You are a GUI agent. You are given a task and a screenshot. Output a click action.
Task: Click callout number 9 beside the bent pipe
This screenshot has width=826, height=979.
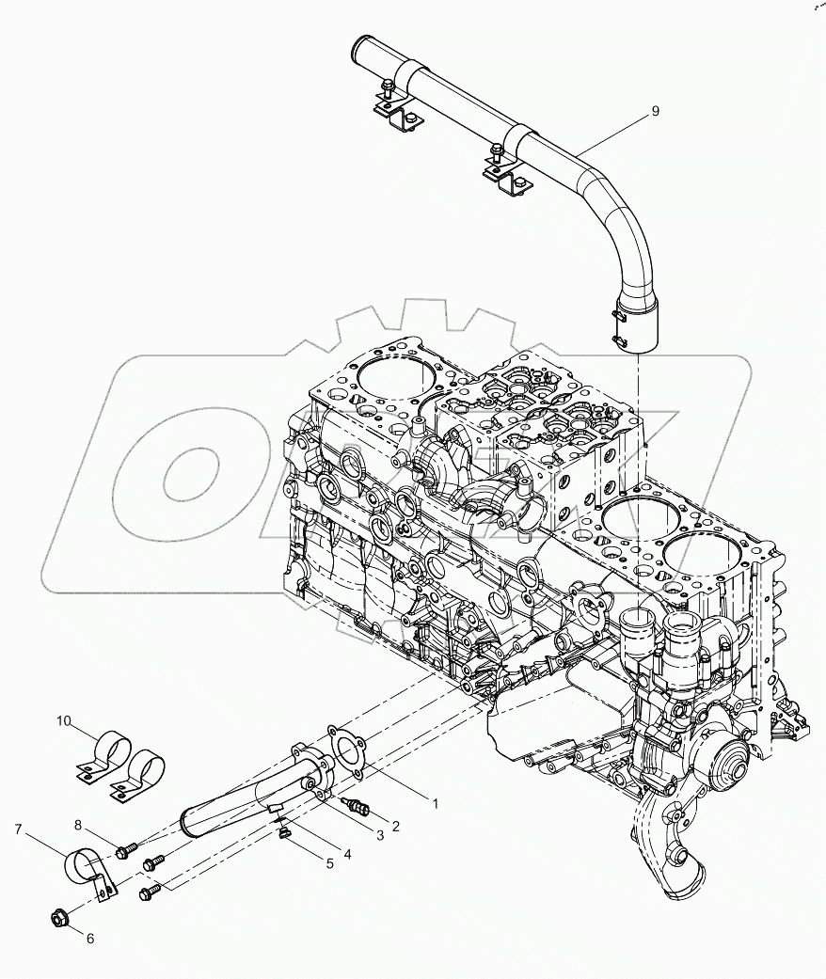[655, 111]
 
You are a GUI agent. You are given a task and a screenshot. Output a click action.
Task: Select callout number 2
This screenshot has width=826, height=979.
[396, 827]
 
